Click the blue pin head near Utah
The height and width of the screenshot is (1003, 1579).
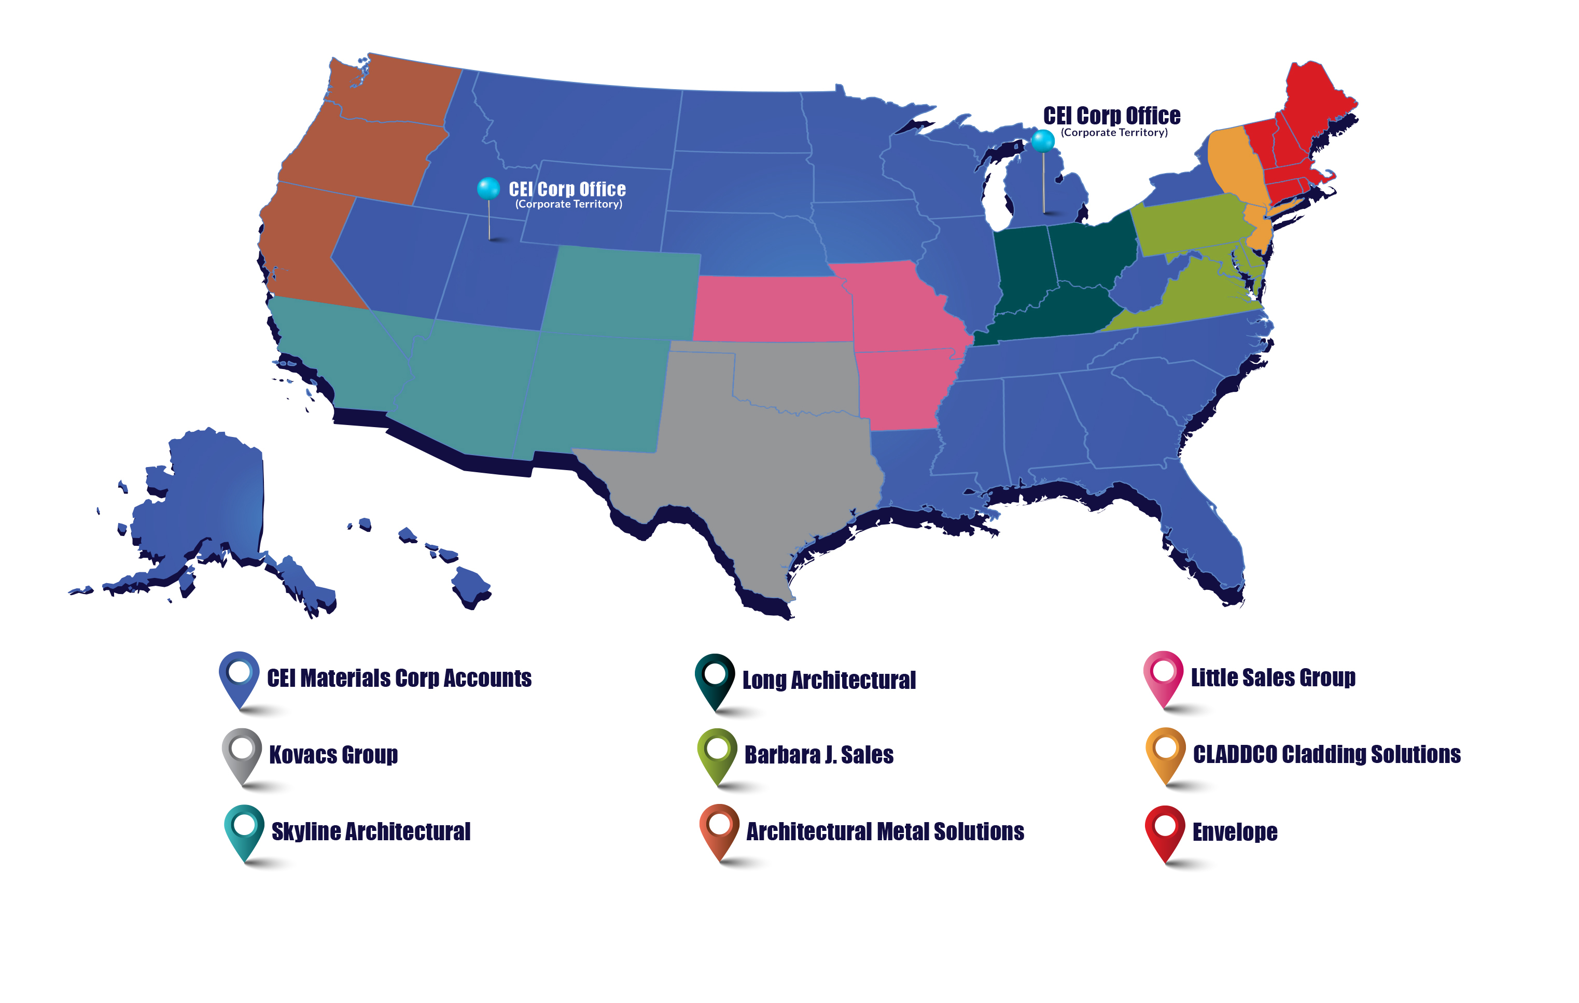pos(488,188)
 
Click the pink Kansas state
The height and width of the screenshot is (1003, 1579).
pos(771,308)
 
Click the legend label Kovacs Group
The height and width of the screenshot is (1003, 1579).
pos(333,755)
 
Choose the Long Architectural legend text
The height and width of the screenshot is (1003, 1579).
pos(829,680)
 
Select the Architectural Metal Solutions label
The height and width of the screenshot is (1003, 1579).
pos(885,831)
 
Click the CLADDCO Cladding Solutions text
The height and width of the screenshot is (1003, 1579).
pos(1326,754)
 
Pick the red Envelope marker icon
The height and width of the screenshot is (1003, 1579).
pos(1165,829)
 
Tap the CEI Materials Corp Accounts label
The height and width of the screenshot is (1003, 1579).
pos(399,678)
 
